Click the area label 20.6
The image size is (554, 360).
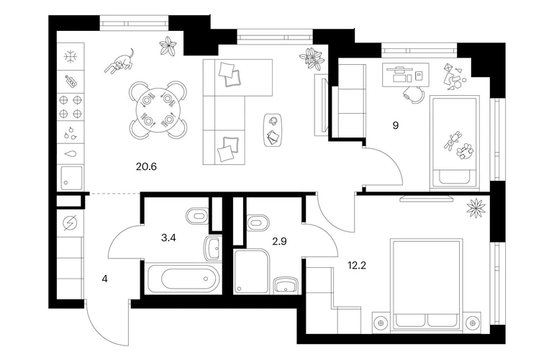[x=146, y=166]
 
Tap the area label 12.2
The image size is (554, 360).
[x=356, y=265]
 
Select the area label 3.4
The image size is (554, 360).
[x=168, y=238]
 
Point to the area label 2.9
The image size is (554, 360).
[x=279, y=241]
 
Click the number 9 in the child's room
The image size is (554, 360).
[x=396, y=125]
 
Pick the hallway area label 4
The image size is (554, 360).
[x=104, y=279]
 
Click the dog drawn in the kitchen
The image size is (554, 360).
[x=119, y=61]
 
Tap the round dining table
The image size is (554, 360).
[x=158, y=109]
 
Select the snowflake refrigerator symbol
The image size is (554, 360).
[x=71, y=57]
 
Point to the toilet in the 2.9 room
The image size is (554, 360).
[x=258, y=222]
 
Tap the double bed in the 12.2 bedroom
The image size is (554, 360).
[x=427, y=285]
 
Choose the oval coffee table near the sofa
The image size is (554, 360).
[x=273, y=130]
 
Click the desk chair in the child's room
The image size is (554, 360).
[x=414, y=94]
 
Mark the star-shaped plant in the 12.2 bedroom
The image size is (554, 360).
[x=476, y=208]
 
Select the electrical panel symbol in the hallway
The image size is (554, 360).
[x=69, y=223]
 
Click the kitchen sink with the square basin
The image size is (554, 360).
[x=71, y=178]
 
